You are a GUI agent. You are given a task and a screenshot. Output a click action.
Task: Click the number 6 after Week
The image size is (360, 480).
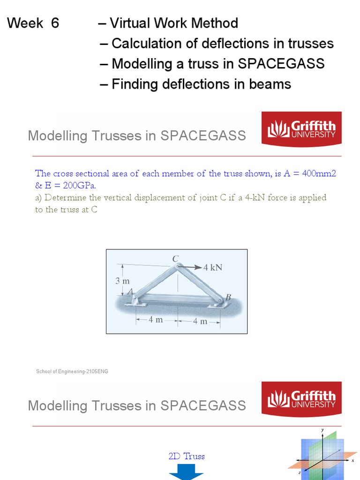(x=55, y=23)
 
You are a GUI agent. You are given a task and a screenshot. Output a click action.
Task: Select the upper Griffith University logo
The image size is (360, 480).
(x=301, y=129)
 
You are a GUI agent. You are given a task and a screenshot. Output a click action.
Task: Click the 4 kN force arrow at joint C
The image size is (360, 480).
(x=190, y=267)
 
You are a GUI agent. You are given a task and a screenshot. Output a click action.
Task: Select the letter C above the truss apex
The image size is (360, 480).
(x=176, y=258)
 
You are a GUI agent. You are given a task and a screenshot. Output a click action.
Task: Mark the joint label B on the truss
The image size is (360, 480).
(x=228, y=297)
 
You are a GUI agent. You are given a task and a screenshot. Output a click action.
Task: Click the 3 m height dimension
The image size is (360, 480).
(x=122, y=281)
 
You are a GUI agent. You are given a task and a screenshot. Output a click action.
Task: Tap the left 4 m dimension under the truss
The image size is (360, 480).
(x=156, y=320)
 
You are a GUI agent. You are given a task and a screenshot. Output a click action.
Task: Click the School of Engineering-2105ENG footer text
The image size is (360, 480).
(x=72, y=372)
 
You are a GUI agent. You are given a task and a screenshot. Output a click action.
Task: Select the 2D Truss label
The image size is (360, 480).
(x=187, y=456)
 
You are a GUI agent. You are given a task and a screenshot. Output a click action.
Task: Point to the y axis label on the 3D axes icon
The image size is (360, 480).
(x=322, y=430)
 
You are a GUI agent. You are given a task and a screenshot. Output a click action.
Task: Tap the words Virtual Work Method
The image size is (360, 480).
(x=173, y=23)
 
